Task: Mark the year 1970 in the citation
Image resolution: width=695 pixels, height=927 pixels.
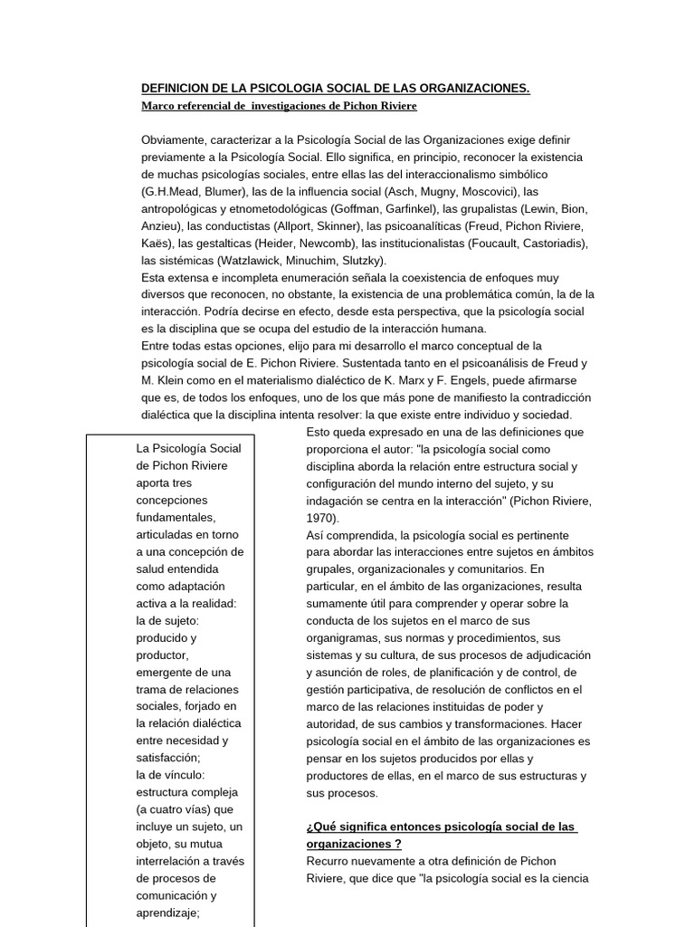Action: tap(320, 518)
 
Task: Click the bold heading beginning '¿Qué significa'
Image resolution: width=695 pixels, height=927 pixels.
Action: tap(442, 827)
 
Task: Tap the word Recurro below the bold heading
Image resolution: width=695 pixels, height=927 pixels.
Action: tap(328, 861)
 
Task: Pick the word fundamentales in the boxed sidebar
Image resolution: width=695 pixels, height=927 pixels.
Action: tap(176, 517)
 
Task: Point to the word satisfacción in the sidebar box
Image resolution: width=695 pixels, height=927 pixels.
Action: tap(167, 758)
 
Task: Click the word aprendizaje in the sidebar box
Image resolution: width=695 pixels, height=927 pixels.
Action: tap(167, 913)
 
